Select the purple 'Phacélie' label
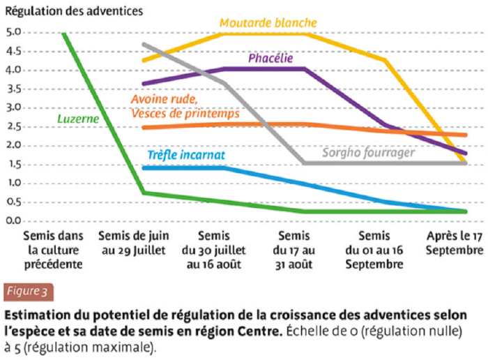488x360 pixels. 270,59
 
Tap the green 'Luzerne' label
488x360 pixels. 77,119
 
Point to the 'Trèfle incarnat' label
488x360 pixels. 186,155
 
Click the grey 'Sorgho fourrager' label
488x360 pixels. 368,152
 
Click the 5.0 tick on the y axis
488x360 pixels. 13,32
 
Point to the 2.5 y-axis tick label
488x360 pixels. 13,127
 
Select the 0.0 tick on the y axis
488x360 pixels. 13,220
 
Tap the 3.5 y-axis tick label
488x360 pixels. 13,89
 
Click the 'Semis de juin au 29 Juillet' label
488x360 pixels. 133,243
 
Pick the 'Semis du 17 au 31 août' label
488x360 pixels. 293,250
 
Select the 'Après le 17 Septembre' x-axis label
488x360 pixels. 454,243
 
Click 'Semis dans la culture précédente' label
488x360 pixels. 53,250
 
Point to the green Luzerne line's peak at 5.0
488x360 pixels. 63,33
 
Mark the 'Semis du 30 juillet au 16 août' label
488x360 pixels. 213,250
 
